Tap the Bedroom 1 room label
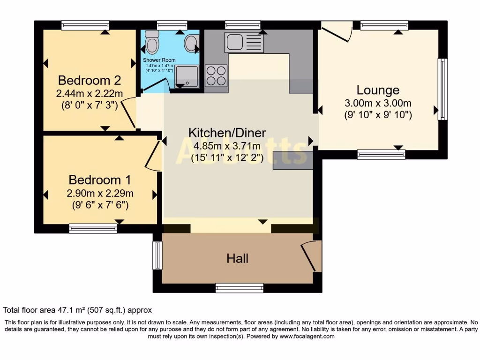point(99,180)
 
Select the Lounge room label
point(378,90)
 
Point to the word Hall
point(237,258)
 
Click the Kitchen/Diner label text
point(227,132)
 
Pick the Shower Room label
point(159,60)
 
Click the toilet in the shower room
point(152,43)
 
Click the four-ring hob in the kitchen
point(216,75)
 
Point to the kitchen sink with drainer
point(244,42)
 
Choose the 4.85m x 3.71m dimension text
point(227,146)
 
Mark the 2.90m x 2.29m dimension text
point(99,193)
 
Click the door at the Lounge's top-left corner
point(337,31)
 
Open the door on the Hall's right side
point(310,256)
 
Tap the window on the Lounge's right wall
point(442,89)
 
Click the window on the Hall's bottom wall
point(240,288)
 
